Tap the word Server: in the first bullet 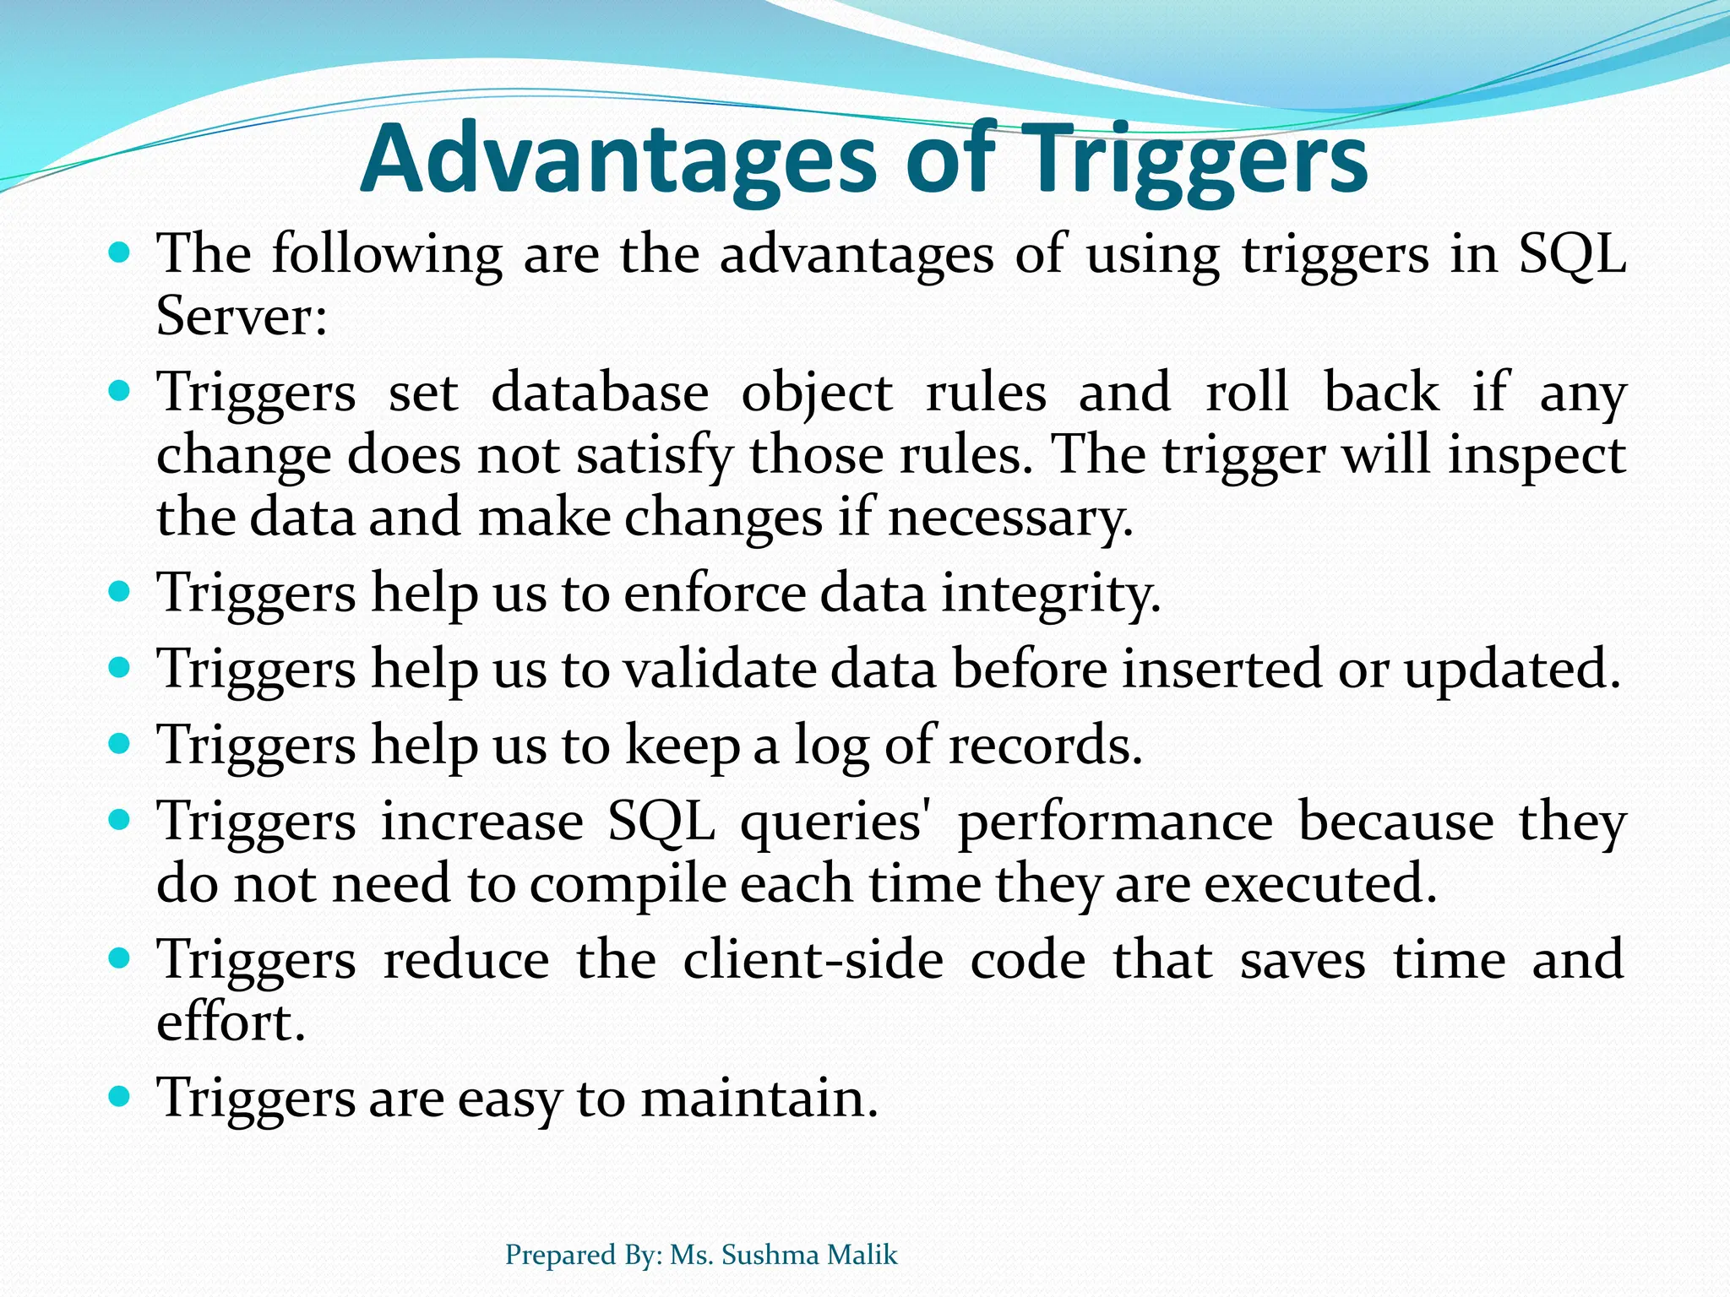[242, 317]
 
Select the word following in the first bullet [386, 253]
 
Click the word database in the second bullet [599, 393]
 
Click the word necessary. [1009, 518]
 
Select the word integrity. [1051, 594]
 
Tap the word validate [721, 670]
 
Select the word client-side [813, 961]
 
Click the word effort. [230, 1022]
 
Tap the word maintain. [759, 1099]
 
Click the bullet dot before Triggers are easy [120, 1097]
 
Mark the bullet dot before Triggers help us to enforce [120, 592]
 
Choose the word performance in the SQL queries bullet [1114, 822]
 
